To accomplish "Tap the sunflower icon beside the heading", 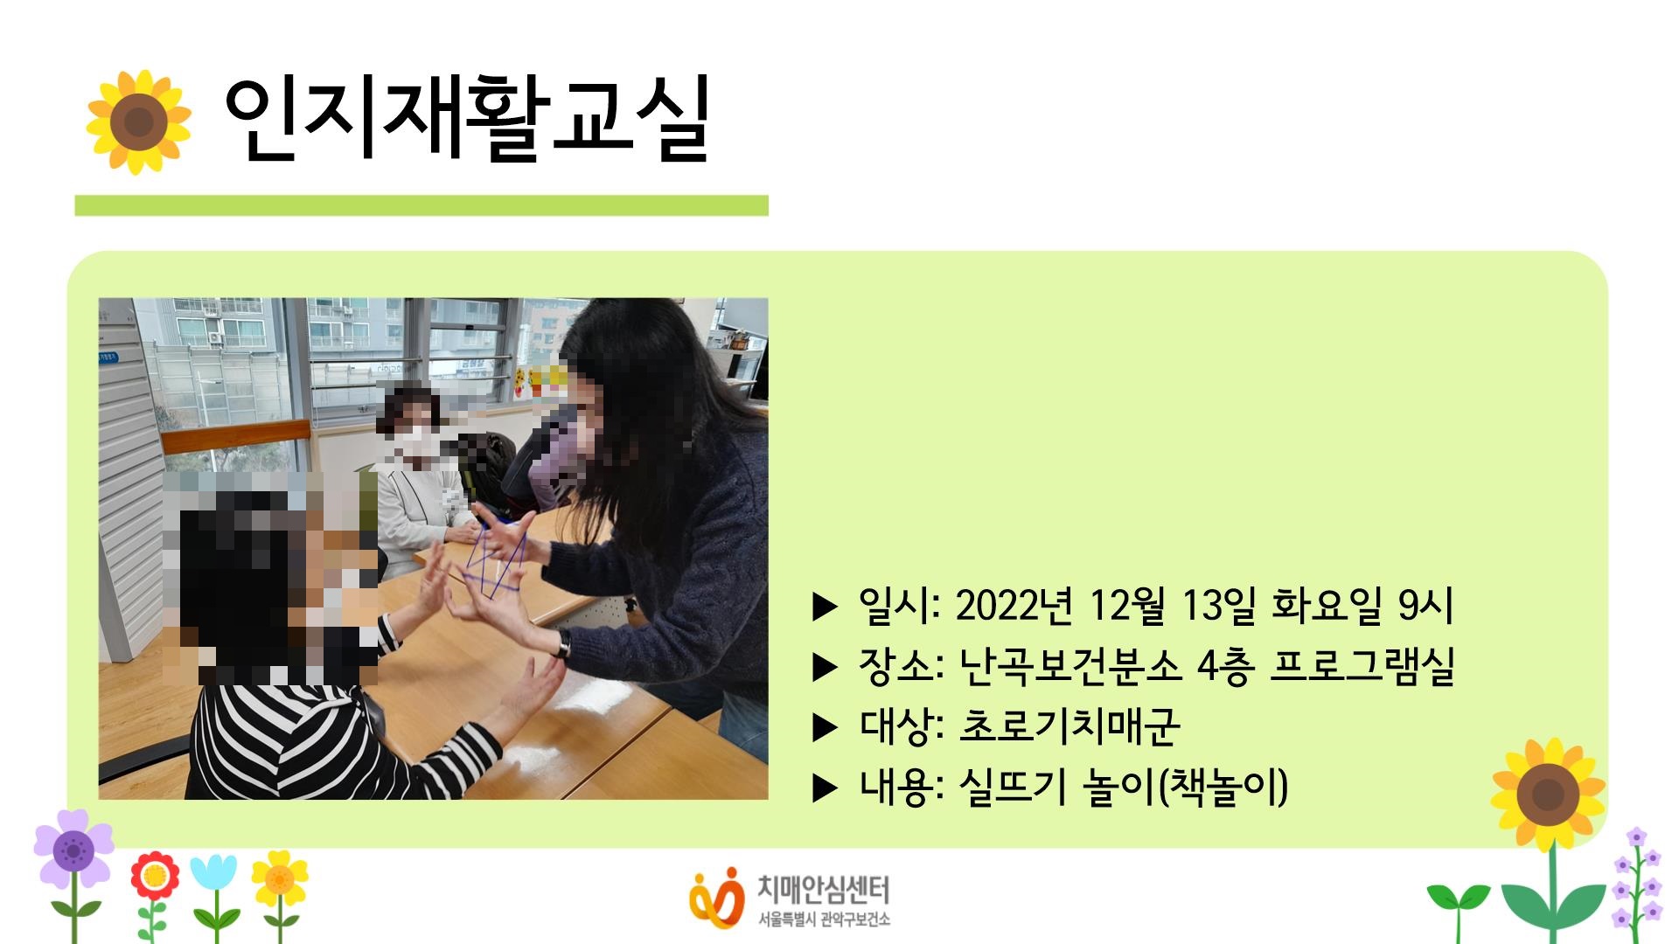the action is [138, 122].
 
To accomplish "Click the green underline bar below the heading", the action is [421, 205].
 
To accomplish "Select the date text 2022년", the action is [1014, 606].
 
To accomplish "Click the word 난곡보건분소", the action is [1070, 666].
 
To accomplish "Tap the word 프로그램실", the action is [1362, 666].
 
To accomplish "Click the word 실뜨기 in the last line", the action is [1013, 787].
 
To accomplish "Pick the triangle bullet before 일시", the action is [825, 607].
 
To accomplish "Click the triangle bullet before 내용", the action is [825, 788].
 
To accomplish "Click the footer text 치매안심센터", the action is [823, 890].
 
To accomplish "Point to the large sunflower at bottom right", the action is [1549, 795].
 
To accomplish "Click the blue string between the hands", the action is [495, 559].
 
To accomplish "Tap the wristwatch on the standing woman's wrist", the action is [562, 644].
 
